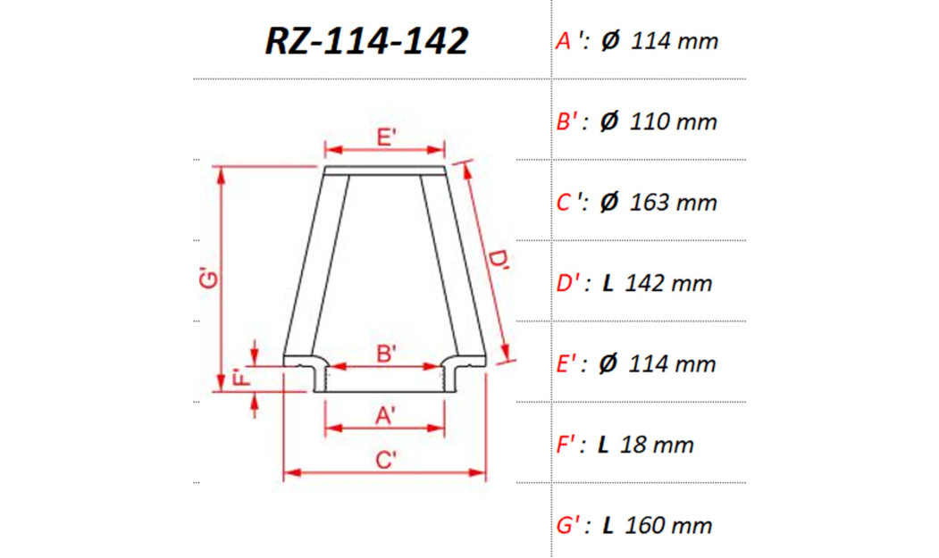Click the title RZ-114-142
(x=366, y=41)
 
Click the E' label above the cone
(x=386, y=137)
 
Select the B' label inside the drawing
(x=386, y=354)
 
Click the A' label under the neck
(x=386, y=415)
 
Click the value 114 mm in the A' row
(x=674, y=41)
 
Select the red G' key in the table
(x=571, y=525)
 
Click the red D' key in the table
(x=571, y=283)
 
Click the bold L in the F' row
(x=604, y=445)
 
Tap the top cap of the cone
(x=385, y=171)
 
